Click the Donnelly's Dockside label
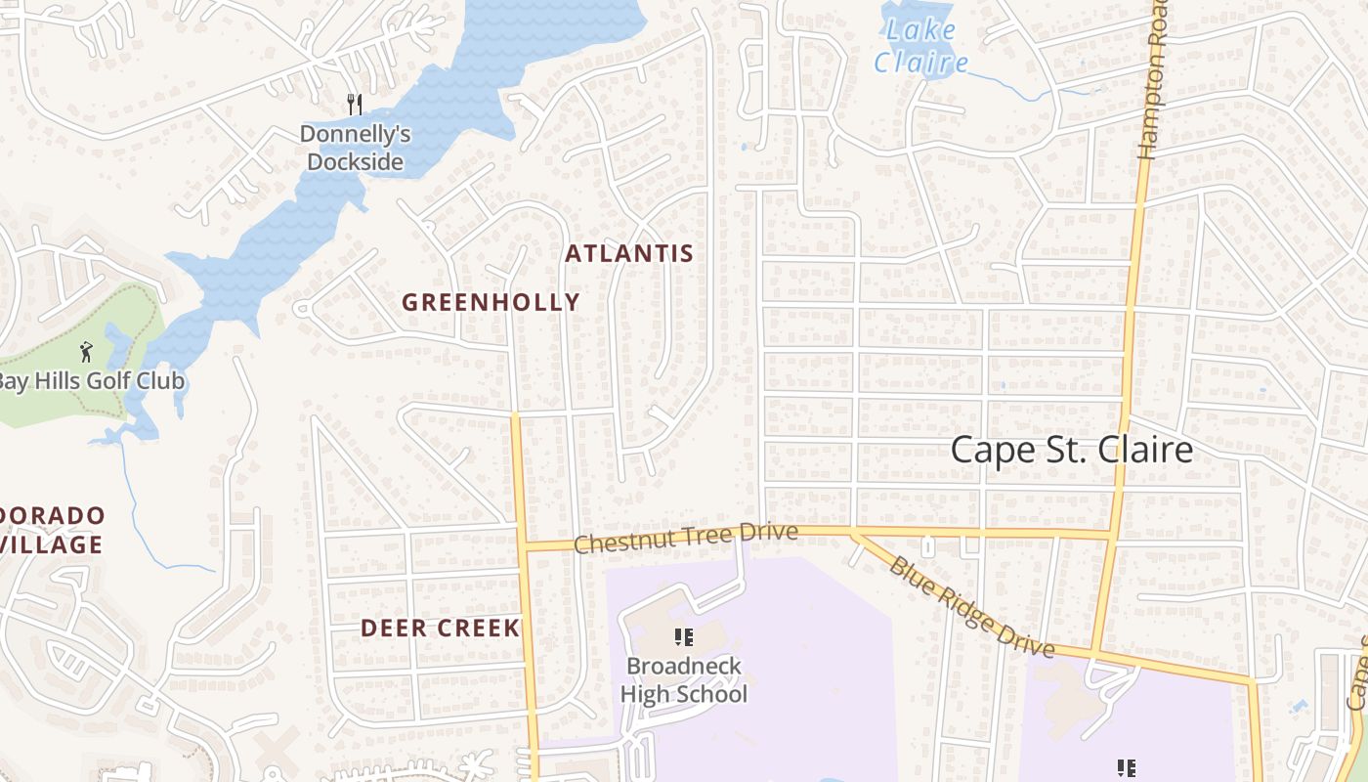pyautogui.click(x=355, y=148)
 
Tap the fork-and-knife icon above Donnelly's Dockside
pyautogui.click(x=355, y=104)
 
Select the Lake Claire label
pyautogui.click(x=920, y=47)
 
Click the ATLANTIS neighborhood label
pyautogui.click(x=629, y=254)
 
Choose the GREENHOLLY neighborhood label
pyautogui.click(x=491, y=303)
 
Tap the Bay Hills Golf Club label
pyautogui.click(x=92, y=381)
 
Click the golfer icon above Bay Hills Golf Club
pyautogui.click(x=86, y=350)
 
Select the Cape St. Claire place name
pyautogui.click(x=1071, y=451)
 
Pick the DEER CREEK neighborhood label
pyautogui.click(x=440, y=628)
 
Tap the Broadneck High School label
pyautogui.click(x=684, y=680)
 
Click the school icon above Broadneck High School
pyautogui.click(x=684, y=638)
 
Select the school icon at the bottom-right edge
pyautogui.click(x=1126, y=768)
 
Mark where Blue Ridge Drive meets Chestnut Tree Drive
pyautogui.click(x=852, y=533)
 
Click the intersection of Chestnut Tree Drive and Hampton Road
pyautogui.click(x=1111, y=535)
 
